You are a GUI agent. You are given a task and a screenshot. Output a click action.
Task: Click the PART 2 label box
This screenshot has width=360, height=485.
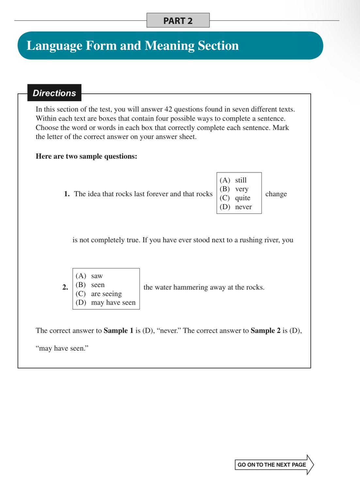[x=178, y=21]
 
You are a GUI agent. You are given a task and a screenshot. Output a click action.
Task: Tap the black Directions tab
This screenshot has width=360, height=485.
[x=54, y=93]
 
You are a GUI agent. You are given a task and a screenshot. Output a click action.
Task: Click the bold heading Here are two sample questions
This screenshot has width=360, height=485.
[x=86, y=156]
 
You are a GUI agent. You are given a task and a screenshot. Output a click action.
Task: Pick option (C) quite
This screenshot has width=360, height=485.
[x=235, y=198]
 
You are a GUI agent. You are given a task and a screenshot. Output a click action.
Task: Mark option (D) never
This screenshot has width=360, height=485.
[x=236, y=207]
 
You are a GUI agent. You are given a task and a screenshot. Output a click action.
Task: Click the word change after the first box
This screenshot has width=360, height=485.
[x=276, y=194]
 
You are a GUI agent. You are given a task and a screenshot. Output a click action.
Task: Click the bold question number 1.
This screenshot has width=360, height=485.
[x=67, y=194]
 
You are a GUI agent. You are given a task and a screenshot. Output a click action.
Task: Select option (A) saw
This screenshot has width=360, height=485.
[x=89, y=276]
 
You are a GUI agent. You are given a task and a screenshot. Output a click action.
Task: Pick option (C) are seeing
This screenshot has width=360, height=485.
[x=99, y=294]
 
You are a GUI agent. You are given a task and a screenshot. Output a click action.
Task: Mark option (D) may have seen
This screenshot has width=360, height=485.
[x=106, y=302]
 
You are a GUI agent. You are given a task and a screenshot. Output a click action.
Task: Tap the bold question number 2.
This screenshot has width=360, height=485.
[x=65, y=287]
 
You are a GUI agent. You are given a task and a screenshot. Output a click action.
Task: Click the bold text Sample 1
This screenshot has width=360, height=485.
[x=118, y=331]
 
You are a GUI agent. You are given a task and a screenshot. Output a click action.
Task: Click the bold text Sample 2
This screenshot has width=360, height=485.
[x=265, y=331]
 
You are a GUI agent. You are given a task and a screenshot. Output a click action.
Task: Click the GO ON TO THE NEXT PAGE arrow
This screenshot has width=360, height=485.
[x=274, y=465]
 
